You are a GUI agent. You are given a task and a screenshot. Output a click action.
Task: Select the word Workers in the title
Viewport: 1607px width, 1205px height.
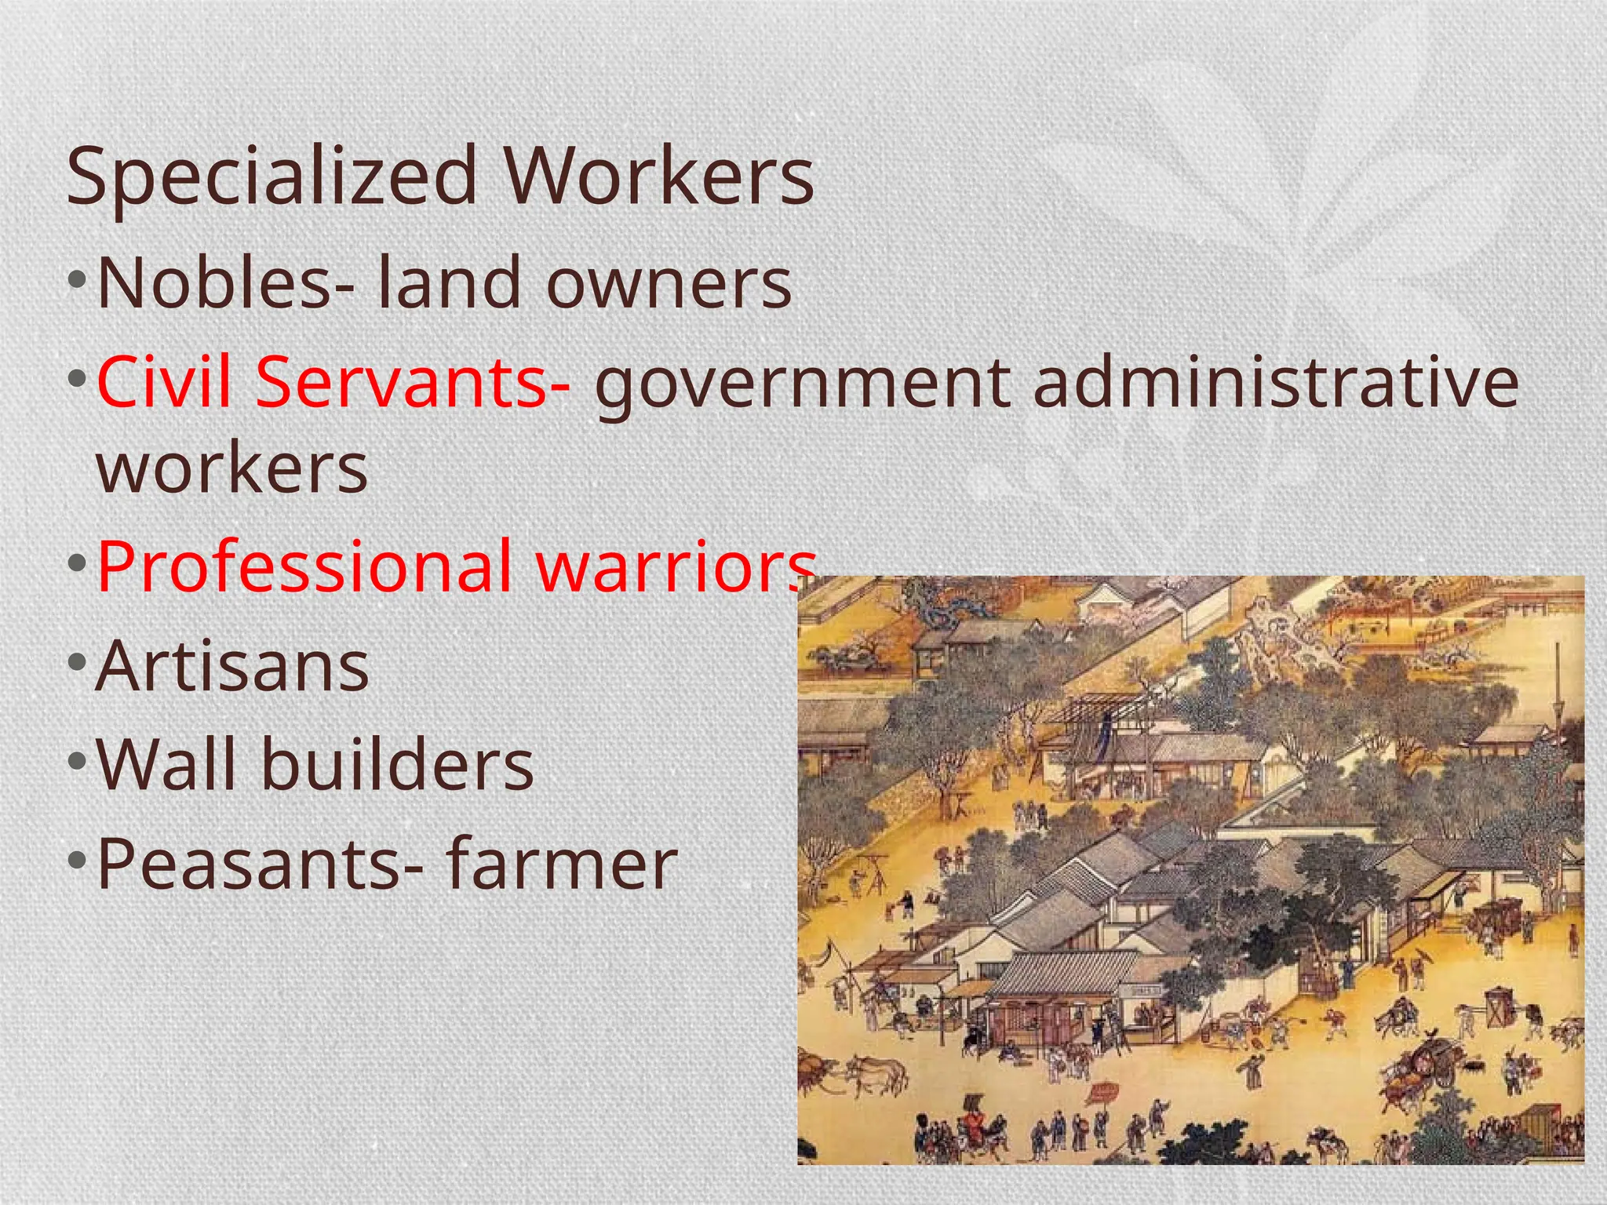659,176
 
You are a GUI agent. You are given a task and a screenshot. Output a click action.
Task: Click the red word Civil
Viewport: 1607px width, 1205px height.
164,382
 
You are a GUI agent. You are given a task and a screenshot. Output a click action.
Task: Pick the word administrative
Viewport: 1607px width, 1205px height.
1276,382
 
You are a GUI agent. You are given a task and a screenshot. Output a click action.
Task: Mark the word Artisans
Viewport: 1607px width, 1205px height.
232,666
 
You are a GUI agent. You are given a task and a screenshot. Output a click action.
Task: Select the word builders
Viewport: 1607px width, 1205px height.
397,764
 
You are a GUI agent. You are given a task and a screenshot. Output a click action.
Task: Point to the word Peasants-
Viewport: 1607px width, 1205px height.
259,864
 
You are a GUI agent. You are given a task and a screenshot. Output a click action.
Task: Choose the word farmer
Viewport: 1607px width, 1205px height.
561,864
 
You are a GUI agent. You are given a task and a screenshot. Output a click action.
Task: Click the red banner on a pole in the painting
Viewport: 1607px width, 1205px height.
1105,1090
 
